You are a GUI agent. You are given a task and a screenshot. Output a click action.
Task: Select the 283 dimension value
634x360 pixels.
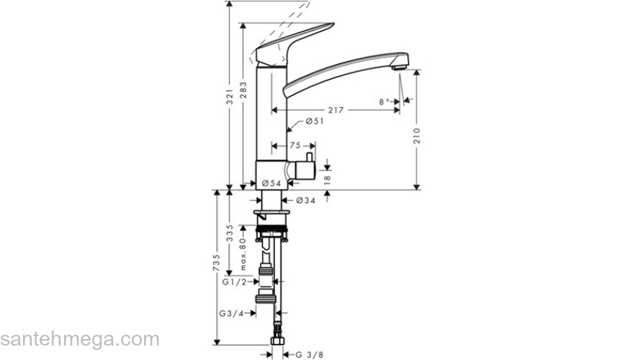pos(246,94)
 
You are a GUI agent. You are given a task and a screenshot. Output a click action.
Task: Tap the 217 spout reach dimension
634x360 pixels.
pos(335,110)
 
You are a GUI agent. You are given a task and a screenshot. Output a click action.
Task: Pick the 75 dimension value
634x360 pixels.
pos(295,145)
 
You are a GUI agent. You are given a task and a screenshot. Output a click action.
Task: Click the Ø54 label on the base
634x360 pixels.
pos(271,183)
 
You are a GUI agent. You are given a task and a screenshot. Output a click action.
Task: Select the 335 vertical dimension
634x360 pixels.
pos(230,233)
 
